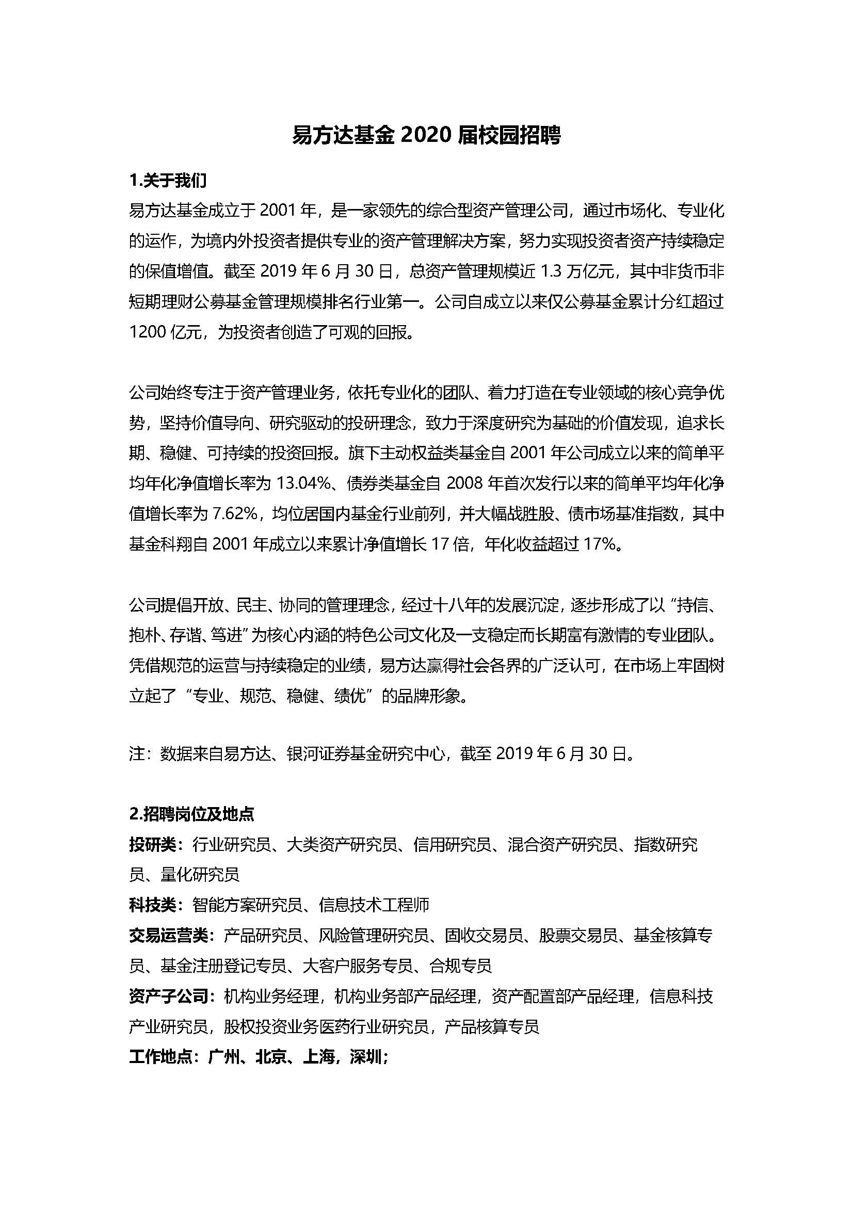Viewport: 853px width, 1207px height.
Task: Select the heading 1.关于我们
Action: click(168, 181)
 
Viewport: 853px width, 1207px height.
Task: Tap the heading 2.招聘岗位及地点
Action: click(191, 814)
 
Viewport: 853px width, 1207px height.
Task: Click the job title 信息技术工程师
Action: click(374, 905)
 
